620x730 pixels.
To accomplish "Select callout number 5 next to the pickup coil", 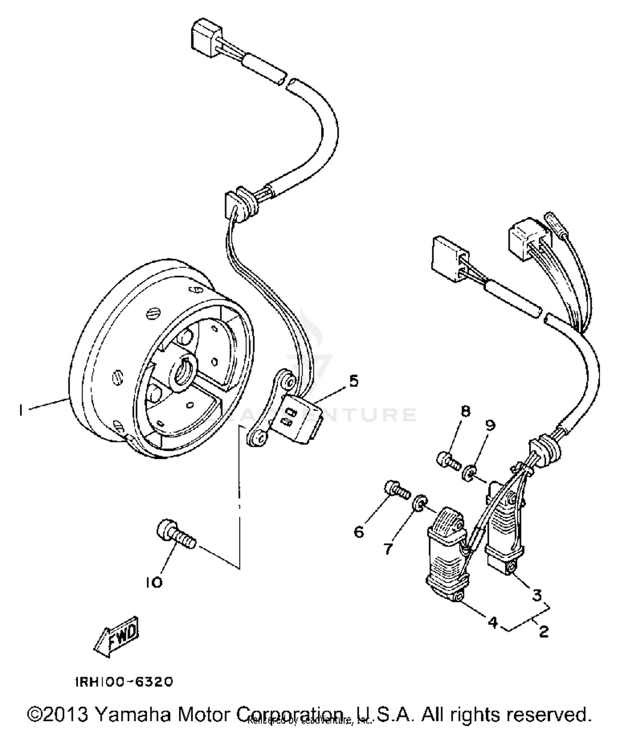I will [354, 381].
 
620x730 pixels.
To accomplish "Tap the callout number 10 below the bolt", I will [154, 583].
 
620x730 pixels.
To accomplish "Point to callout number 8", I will [465, 411].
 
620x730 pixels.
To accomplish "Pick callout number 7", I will [388, 549].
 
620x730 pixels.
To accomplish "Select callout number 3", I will [537, 595].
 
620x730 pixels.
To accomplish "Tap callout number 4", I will [493, 622].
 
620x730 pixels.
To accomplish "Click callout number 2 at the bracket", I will [544, 632].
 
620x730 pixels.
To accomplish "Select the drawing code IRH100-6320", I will [124, 682].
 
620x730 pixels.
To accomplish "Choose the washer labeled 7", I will [420, 502].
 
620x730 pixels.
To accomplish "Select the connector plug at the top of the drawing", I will [205, 34].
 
